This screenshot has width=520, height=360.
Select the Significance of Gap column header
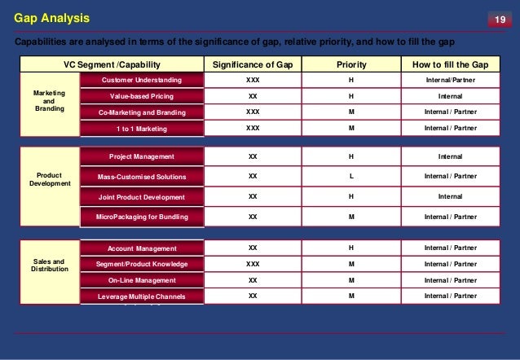point(253,64)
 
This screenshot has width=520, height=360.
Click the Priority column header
point(351,64)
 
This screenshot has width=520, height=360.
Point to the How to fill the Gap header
point(450,64)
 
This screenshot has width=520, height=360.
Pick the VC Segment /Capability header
point(112,64)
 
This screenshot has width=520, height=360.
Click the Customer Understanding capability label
point(141,81)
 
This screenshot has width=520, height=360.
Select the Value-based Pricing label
point(141,97)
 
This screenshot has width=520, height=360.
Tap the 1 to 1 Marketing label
point(141,129)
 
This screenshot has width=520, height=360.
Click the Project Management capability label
point(141,156)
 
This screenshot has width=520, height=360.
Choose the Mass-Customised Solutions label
point(141,177)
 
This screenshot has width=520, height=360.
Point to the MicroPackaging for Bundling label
point(141,217)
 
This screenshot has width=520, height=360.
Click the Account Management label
point(141,248)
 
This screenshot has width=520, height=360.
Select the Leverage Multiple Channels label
point(141,296)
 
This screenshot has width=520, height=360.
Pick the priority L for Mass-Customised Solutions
point(351,176)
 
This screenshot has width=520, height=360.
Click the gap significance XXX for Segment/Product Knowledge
point(253,264)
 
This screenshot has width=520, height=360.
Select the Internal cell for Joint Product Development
point(450,196)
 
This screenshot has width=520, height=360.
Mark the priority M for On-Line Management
point(351,279)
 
